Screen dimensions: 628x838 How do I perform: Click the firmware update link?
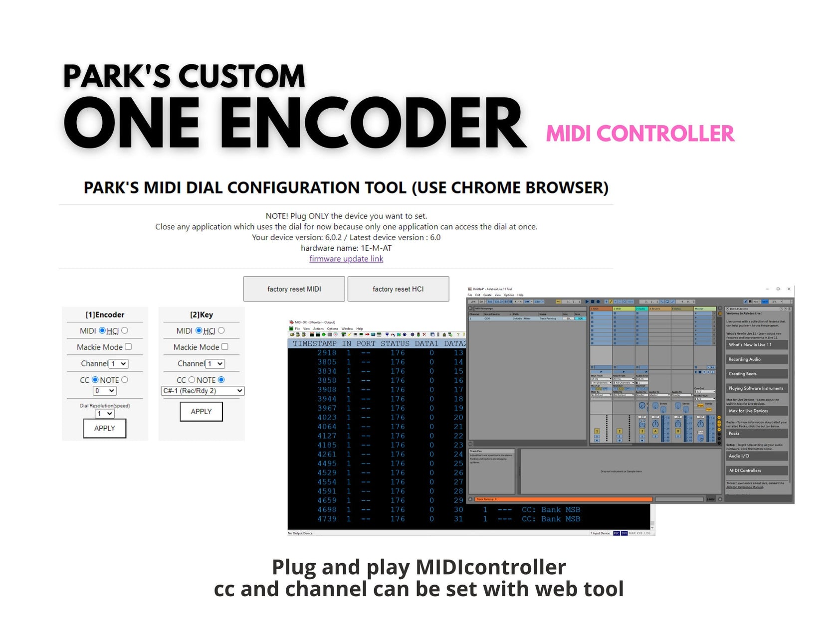tap(346, 259)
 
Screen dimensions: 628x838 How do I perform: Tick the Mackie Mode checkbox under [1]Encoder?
tap(128, 347)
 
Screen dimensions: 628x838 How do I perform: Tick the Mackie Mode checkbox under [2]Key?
tap(225, 347)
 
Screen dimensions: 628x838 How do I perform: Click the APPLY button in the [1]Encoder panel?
tap(105, 428)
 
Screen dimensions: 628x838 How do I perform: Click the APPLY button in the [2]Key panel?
tap(201, 412)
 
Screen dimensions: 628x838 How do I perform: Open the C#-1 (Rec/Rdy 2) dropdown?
tap(203, 391)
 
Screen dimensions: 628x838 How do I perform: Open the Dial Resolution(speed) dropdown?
tap(105, 414)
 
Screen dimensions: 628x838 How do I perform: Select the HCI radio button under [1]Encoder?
tap(125, 330)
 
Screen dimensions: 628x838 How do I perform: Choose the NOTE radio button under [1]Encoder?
tap(125, 380)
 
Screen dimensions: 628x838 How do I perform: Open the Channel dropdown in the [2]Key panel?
tap(216, 364)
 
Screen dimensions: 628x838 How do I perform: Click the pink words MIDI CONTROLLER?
tap(640, 134)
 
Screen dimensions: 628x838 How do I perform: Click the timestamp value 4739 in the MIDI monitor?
tap(327, 519)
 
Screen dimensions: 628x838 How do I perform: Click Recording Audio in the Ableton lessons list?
tap(745, 359)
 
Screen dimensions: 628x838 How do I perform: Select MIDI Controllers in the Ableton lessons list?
tap(745, 471)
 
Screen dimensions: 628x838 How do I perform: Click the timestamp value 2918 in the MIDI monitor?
tap(327, 353)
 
